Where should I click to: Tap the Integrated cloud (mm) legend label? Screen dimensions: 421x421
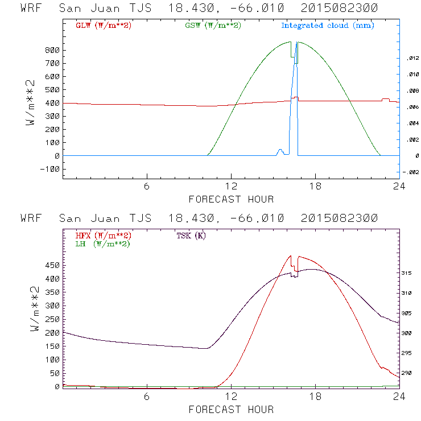click(327, 26)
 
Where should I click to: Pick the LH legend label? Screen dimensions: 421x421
click(102, 243)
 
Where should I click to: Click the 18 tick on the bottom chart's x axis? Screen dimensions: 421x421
click(316, 397)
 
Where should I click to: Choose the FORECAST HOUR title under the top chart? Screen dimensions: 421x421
click(231, 199)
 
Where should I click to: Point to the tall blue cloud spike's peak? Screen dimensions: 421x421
click(296, 43)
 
